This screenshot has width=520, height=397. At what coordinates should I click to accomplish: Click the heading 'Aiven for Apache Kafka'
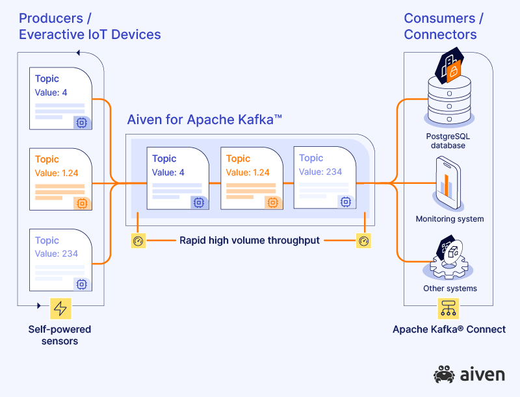pyautogui.click(x=204, y=120)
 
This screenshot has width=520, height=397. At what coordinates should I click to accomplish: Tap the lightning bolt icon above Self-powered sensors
pyautogui.click(x=60, y=307)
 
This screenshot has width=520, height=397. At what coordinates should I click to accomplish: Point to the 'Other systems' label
pyautogui.click(x=450, y=288)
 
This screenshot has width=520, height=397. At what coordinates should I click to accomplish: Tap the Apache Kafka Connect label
pyautogui.click(x=448, y=329)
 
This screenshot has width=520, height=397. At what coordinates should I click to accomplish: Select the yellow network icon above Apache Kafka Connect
pyautogui.click(x=448, y=308)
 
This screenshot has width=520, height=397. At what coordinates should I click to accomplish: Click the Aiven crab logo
pyautogui.click(x=445, y=375)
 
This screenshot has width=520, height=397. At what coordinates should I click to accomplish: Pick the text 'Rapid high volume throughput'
pyautogui.click(x=250, y=240)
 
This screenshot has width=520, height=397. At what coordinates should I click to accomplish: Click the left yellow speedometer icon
pyautogui.click(x=137, y=241)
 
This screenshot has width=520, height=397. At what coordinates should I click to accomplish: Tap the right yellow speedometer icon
pyautogui.click(x=364, y=241)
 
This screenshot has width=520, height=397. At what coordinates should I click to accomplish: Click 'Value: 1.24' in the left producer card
pyautogui.click(x=56, y=173)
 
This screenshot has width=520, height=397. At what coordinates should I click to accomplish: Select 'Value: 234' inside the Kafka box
pyautogui.click(x=320, y=172)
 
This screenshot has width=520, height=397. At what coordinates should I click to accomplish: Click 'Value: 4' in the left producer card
pyautogui.click(x=51, y=92)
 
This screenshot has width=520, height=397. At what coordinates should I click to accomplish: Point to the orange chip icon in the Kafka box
pyautogui.click(x=273, y=203)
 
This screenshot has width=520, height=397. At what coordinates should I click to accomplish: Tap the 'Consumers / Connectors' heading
pyautogui.click(x=440, y=26)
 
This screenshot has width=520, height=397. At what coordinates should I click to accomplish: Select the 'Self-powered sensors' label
pyautogui.click(x=60, y=335)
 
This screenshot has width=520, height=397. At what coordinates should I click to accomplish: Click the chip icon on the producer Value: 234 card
pyautogui.click(x=82, y=284)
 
